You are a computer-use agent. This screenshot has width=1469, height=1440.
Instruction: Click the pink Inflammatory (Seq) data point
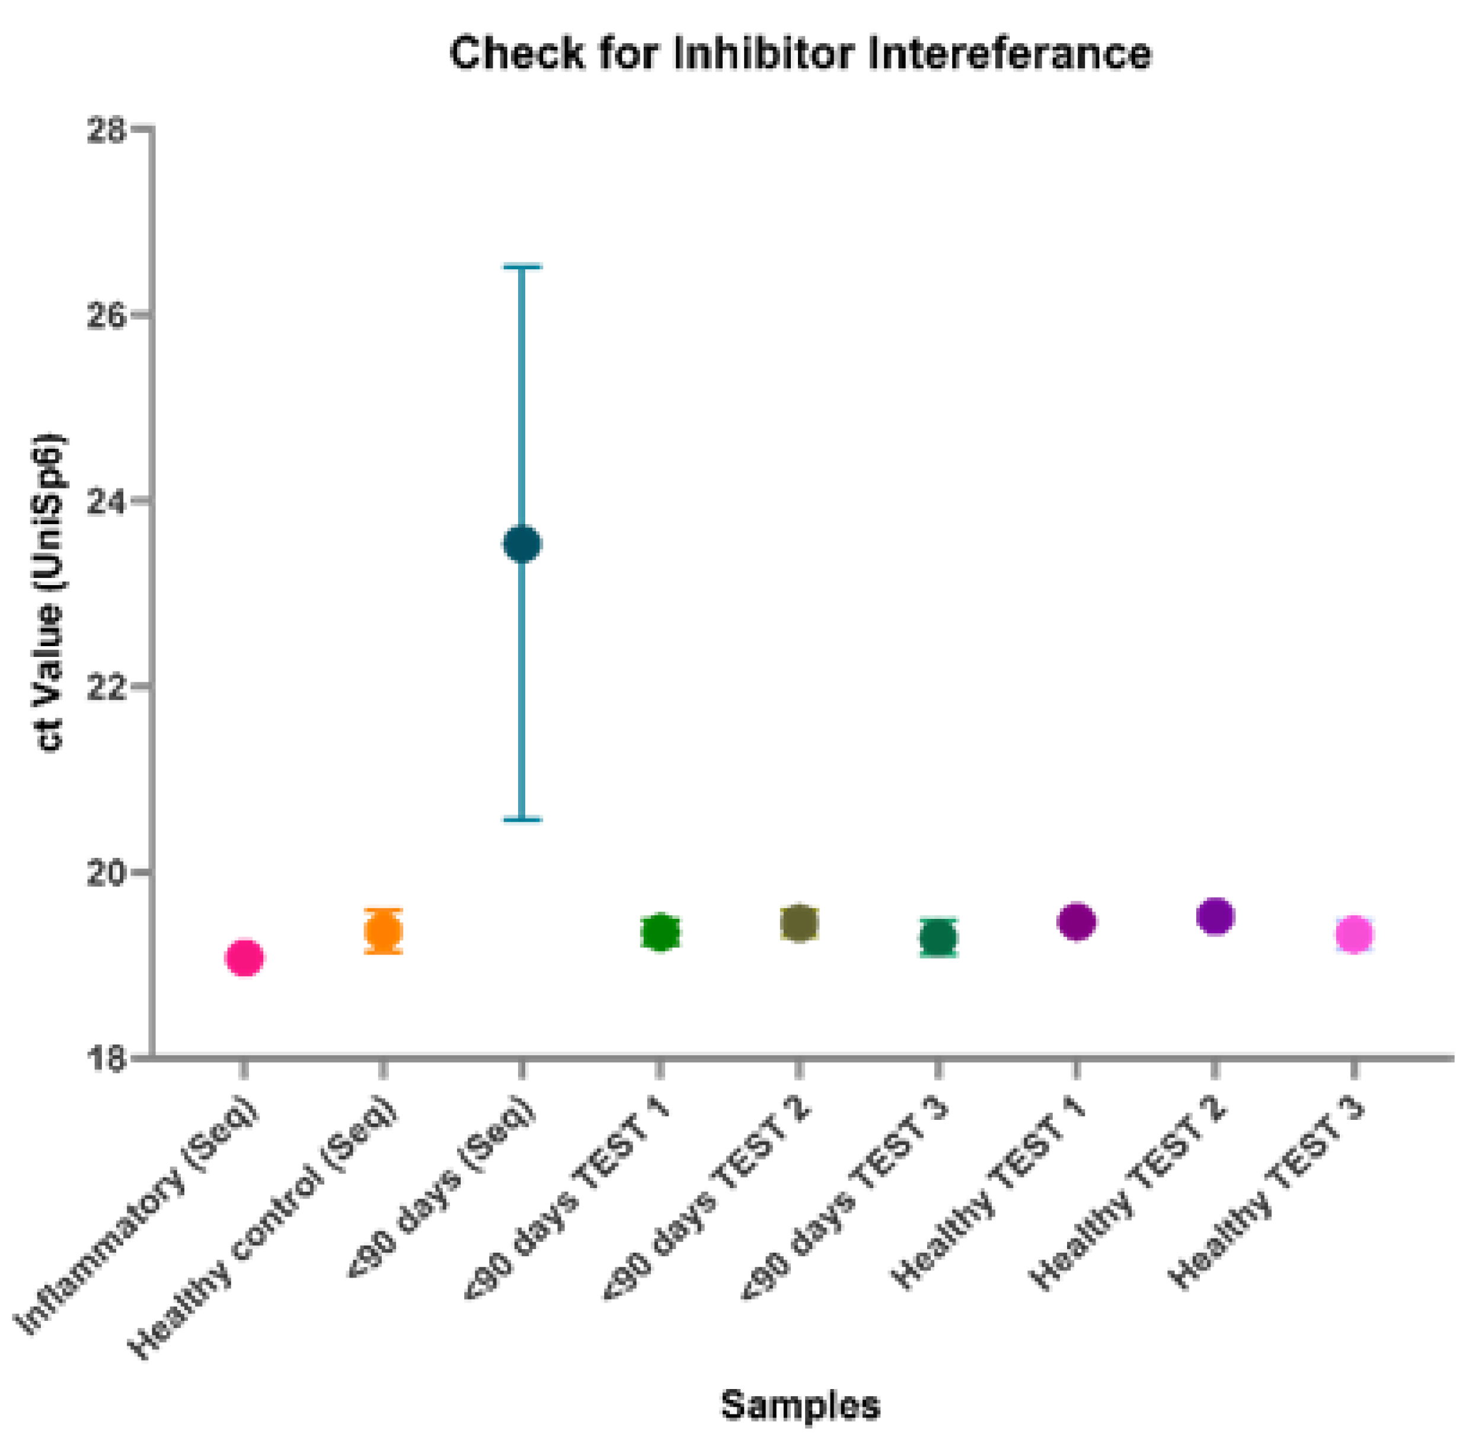pos(244,958)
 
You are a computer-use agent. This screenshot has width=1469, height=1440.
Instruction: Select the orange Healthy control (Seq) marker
pos(384,931)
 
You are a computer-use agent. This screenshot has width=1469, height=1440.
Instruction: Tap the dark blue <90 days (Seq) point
pos(522,543)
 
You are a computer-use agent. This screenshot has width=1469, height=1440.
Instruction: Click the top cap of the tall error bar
pos(522,267)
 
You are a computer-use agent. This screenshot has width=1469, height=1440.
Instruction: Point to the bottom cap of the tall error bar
pos(522,819)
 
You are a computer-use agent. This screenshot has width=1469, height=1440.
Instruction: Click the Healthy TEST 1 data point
pos(1077,921)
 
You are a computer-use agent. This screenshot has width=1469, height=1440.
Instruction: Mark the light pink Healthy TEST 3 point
pos(1355,935)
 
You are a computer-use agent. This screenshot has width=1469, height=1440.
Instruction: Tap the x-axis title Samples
pos(800,1405)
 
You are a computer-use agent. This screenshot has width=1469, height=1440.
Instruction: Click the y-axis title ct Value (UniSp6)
pos(52,593)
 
